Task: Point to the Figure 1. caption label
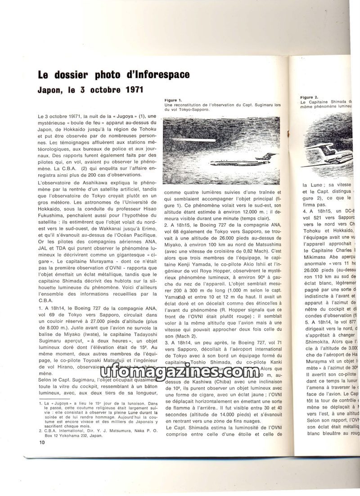[173, 100]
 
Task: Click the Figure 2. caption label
[309, 97]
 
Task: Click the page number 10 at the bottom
[42, 442]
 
